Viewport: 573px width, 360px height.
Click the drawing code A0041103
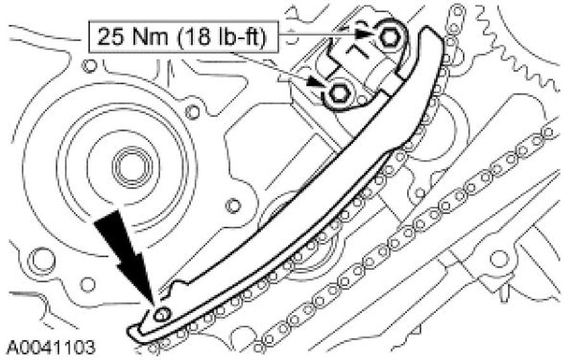point(51,347)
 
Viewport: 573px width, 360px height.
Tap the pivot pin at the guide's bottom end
point(162,314)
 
